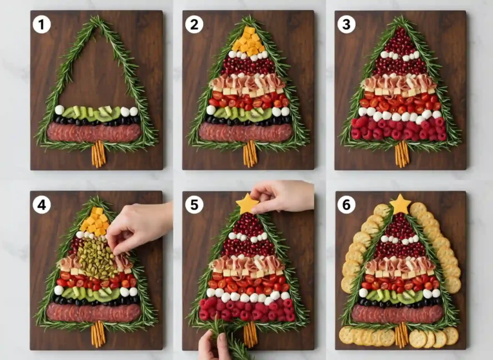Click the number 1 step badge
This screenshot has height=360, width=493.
tap(42, 24)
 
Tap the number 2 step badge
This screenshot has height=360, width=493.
tap(194, 24)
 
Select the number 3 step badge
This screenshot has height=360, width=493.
tap(346, 24)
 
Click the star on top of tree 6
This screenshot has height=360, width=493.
tap(400, 204)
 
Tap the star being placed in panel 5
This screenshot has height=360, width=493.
tap(247, 203)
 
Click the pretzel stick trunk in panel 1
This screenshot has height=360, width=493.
tap(98, 154)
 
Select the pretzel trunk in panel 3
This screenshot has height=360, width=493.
tap(402, 154)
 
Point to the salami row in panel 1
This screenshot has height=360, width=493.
tap(94, 132)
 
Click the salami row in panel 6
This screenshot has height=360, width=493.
tap(397, 314)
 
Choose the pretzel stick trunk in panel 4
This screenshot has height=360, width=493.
tap(98, 333)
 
